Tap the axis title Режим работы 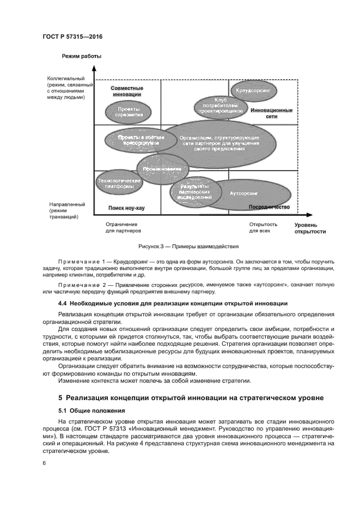click(x=82, y=56)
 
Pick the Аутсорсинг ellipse click(x=244, y=193)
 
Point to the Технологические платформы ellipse click(x=115, y=183)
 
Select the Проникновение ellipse click(x=162, y=169)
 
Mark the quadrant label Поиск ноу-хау click(x=126, y=208)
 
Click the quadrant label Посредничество click(x=269, y=207)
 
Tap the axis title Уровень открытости click(x=310, y=228)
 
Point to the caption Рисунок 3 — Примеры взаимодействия click(x=180, y=247)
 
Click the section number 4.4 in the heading click(x=63, y=303)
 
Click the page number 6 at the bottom click(x=44, y=463)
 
